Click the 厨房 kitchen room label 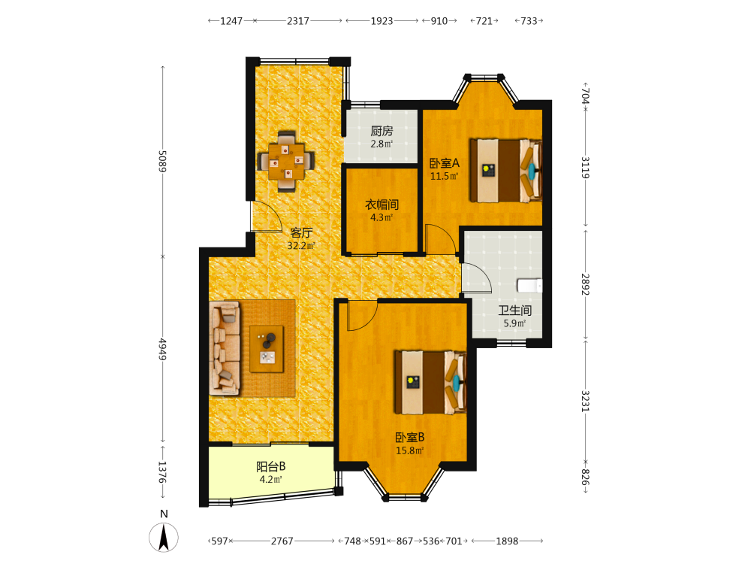pos(382,131)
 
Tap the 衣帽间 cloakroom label pos(382,205)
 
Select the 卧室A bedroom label pos(445,163)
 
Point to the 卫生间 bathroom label pos(515,311)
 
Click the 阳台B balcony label pos(271,466)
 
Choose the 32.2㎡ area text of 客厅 pos(301,246)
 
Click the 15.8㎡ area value pos(409,450)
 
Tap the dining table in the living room pos(286,161)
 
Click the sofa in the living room pos(225,348)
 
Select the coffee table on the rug pos(267,349)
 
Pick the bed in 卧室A pos(505,171)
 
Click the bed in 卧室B pos(430,382)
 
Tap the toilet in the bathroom pos(529,286)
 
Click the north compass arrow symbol pos(164,538)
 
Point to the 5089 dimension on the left pos(163,161)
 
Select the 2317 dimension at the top pos(298,21)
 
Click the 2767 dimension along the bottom pos(282,541)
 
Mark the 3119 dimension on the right pos(585,168)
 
